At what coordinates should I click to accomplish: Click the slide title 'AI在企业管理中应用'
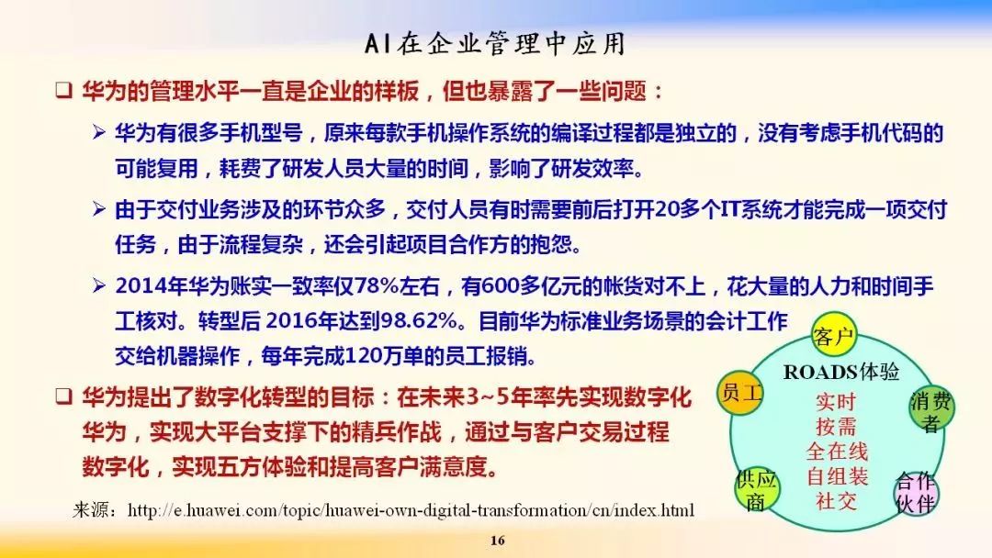click(x=496, y=44)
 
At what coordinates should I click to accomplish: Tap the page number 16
click(x=497, y=540)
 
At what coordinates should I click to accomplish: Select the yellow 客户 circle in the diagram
click(x=835, y=336)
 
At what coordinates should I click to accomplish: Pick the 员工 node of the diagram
click(x=742, y=394)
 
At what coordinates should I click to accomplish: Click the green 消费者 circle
click(x=931, y=410)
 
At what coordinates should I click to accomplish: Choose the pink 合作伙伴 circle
click(x=915, y=493)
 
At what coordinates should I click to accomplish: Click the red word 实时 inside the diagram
click(x=836, y=402)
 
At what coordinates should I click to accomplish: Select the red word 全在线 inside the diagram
click(x=836, y=452)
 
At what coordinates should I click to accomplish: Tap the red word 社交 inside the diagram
click(x=836, y=501)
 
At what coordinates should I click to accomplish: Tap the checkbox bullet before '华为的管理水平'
click(x=62, y=93)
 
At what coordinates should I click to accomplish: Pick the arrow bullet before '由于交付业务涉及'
click(x=99, y=210)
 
